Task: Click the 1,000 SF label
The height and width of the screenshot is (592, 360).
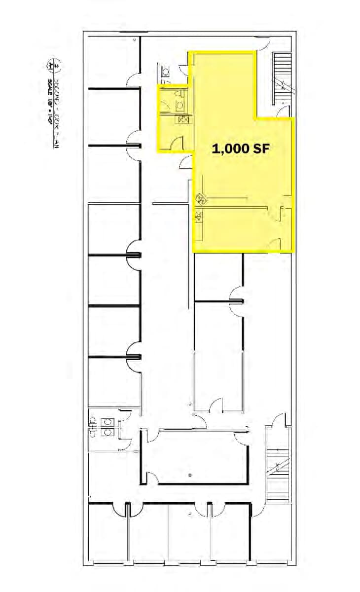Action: (241, 148)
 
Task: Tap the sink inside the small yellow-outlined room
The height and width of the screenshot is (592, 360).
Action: (183, 120)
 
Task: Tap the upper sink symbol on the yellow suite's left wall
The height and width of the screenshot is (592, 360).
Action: (200, 200)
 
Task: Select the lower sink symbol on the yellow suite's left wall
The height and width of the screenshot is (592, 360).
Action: (199, 215)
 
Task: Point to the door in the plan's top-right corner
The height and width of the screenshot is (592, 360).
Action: (261, 44)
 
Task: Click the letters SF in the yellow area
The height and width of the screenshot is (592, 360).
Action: (260, 148)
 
